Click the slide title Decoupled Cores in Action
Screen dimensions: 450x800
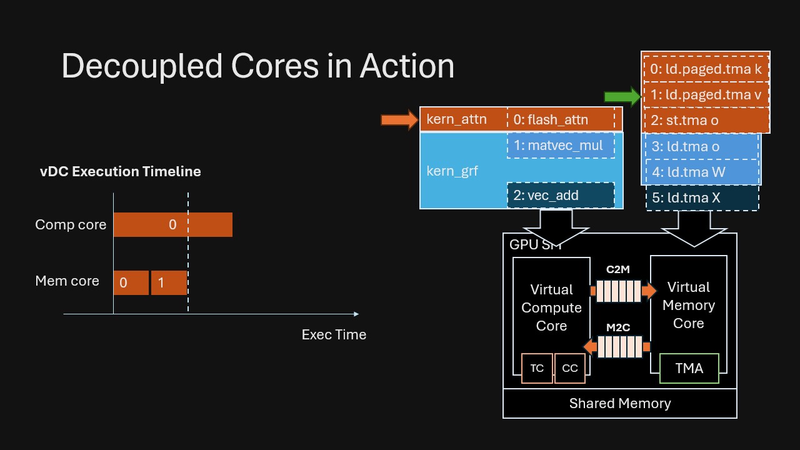(x=257, y=66)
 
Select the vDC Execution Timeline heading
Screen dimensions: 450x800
(x=121, y=171)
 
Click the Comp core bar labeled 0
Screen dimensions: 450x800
(x=172, y=224)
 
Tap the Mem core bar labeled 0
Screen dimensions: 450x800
(x=131, y=282)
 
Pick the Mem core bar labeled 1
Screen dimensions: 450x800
(x=169, y=282)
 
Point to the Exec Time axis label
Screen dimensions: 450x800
(x=334, y=334)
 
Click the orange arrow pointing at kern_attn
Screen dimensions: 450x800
(x=399, y=119)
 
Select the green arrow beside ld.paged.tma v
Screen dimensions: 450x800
(x=621, y=96)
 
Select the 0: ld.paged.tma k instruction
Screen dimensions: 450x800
(x=706, y=69)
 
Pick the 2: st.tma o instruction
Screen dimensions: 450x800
(x=706, y=121)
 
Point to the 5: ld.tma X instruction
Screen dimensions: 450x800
(x=701, y=197)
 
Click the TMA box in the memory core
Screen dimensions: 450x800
(x=689, y=368)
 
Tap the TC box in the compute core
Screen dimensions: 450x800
(x=537, y=368)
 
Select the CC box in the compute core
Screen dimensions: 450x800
(x=569, y=368)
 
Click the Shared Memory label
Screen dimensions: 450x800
(x=619, y=403)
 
